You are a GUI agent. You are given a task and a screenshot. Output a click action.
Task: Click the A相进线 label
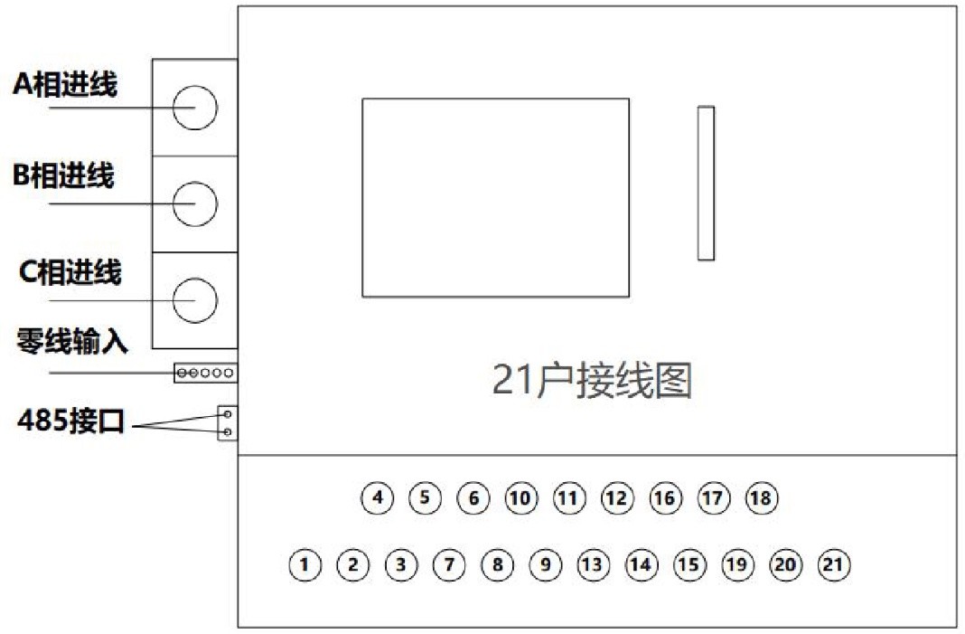(x=65, y=84)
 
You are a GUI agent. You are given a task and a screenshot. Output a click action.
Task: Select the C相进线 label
(x=70, y=271)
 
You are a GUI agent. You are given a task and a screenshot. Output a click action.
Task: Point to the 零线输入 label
(x=72, y=341)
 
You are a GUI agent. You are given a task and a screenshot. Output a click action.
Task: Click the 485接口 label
(x=70, y=421)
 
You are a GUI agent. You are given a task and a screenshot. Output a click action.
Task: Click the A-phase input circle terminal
(x=195, y=86)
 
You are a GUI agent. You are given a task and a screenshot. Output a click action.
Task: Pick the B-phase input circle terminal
(x=195, y=182)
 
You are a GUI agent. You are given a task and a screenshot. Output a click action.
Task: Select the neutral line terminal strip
(x=205, y=373)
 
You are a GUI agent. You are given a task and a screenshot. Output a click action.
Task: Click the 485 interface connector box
(x=228, y=422)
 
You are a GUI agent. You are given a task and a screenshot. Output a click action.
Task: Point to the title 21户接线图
(x=592, y=380)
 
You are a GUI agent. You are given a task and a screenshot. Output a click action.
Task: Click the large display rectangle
(x=495, y=99)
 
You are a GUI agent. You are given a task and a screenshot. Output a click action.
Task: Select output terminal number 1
(x=304, y=565)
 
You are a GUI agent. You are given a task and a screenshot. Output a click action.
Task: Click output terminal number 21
(x=834, y=565)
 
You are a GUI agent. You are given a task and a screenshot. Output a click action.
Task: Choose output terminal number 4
(x=378, y=497)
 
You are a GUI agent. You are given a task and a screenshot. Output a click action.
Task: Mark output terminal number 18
(x=762, y=497)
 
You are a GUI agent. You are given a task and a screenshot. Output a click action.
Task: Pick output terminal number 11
(x=569, y=497)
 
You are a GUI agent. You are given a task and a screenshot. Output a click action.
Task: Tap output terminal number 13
(x=594, y=565)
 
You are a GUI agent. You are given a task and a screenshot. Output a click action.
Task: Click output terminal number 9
(x=545, y=565)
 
